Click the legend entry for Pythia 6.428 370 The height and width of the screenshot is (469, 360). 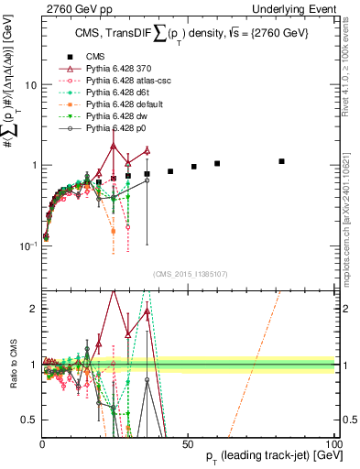(x=115, y=68)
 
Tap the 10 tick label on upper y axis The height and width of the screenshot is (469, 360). (x=30, y=85)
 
